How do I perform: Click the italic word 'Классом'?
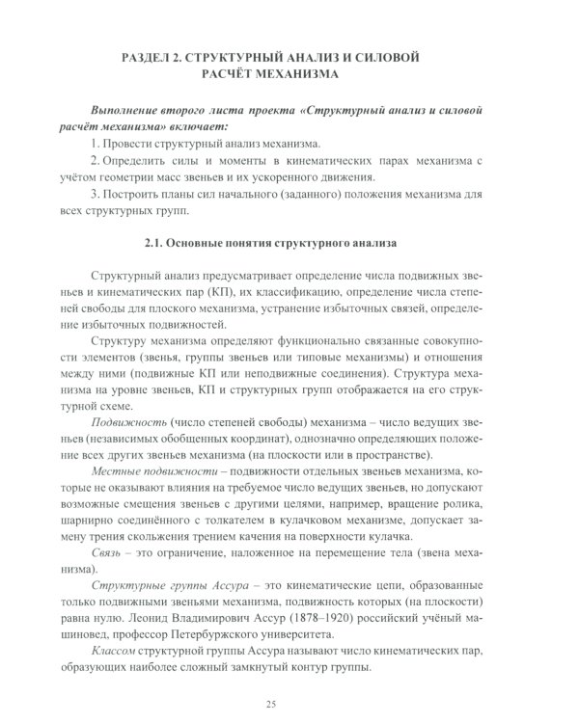[x=116, y=652]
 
